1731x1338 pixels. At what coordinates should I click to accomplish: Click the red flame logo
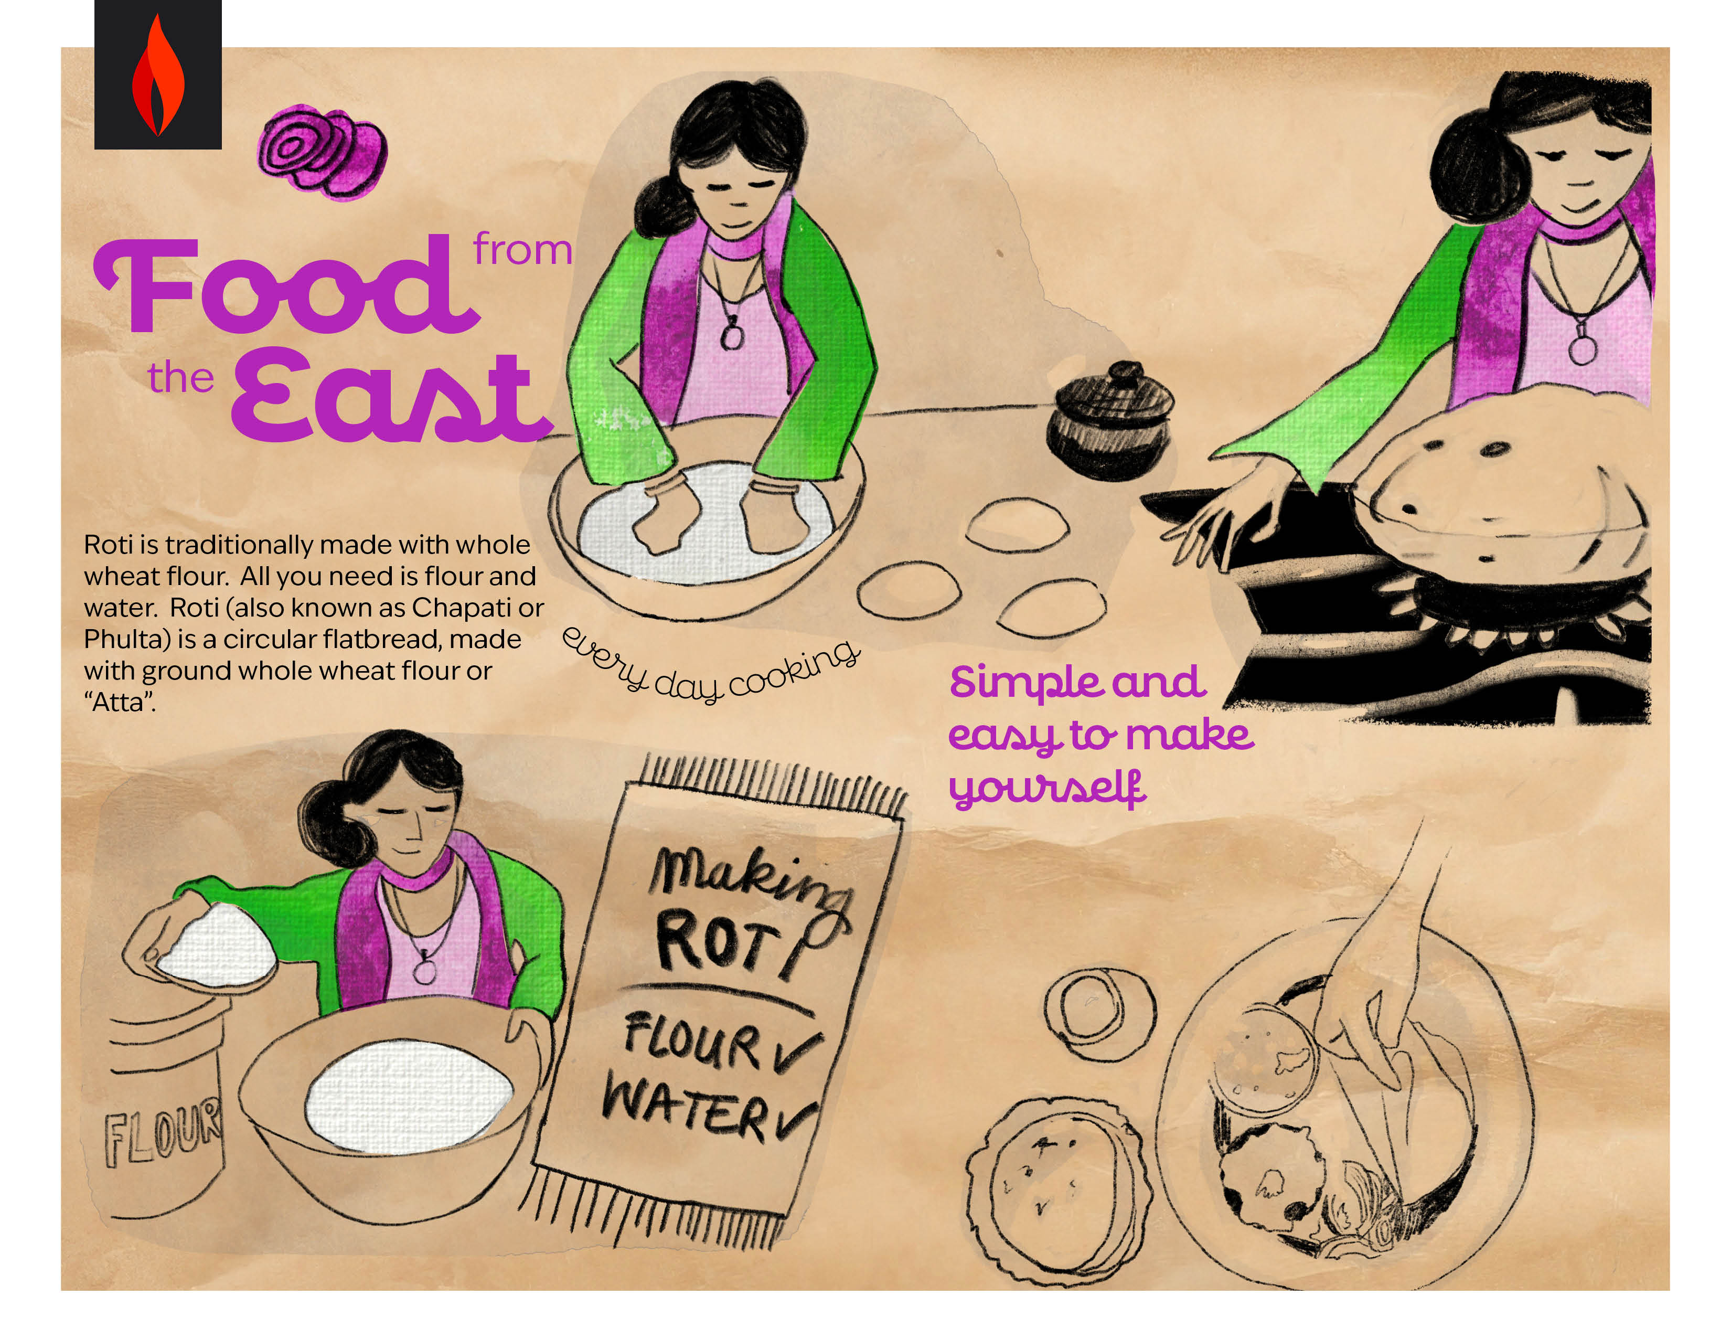point(158,76)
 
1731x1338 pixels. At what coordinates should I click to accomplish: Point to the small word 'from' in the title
point(522,250)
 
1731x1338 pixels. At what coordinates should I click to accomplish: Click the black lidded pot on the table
point(1109,420)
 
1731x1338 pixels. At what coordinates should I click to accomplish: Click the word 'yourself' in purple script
point(1047,788)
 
